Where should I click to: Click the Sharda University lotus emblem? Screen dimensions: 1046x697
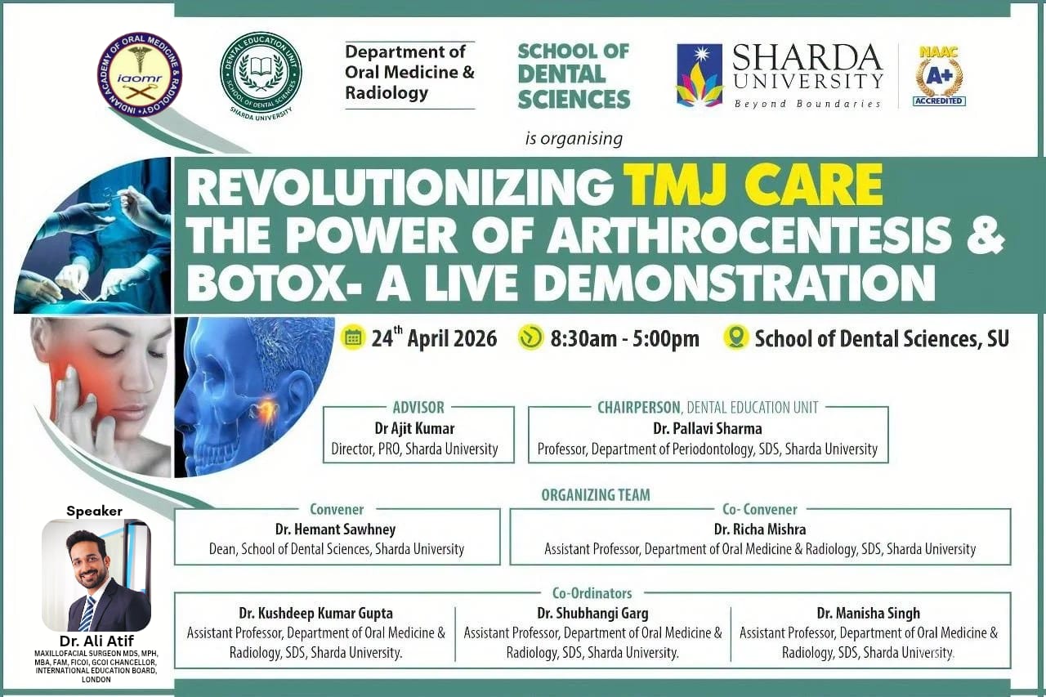pyautogui.click(x=700, y=75)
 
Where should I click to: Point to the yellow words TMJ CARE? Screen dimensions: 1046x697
pyautogui.click(x=753, y=185)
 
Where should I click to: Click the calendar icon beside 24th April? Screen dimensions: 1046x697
pyautogui.click(x=353, y=337)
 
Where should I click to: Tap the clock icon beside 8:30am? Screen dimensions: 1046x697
pyautogui.click(x=531, y=337)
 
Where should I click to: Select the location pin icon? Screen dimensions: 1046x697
pyautogui.click(x=736, y=337)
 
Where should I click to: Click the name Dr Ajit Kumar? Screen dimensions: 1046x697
pyautogui.click(x=414, y=428)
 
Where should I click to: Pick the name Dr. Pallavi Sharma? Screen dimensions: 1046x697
pyautogui.click(x=708, y=428)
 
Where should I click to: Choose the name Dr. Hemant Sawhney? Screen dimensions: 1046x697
pyautogui.click(x=335, y=529)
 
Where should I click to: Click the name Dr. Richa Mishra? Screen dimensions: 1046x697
pyautogui.click(x=760, y=529)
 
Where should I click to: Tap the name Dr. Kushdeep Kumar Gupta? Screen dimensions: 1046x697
pyautogui.click(x=315, y=613)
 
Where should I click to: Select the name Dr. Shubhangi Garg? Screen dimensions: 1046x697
pyautogui.click(x=592, y=613)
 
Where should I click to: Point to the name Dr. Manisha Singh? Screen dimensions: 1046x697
pyautogui.click(x=869, y=613)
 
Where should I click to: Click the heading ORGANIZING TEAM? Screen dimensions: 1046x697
pyautogui.click(x=596, y=494)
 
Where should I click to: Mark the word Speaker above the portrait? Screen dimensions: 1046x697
pyautogui.click(x=94, y=512)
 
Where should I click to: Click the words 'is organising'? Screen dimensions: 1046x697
pyautogui.click(x=574, y=139)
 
